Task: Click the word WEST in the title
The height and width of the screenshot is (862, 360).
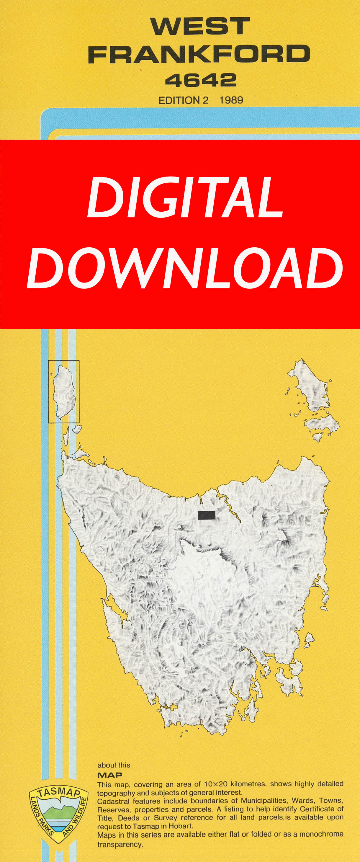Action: tap(200, 27)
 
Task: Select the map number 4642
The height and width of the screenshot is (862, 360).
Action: tap(201, 81)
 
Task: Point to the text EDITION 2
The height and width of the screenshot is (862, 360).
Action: tap(183, 100)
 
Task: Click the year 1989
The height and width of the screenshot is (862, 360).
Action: tap(231, 100)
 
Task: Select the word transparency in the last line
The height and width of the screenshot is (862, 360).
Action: tap(120, 844)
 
